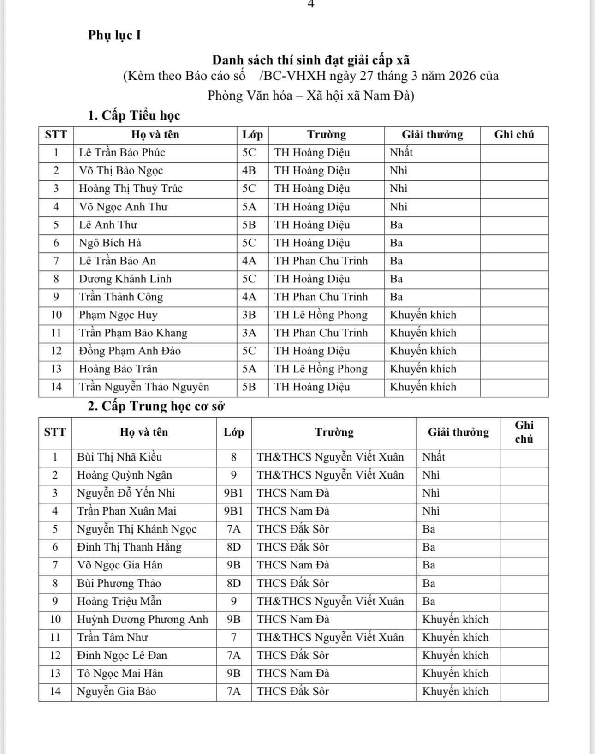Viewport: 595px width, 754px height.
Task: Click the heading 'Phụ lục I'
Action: coord(114,35)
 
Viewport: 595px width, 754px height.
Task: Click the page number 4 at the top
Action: coord(310,4)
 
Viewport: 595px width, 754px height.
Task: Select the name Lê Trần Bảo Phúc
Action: coord(122,153)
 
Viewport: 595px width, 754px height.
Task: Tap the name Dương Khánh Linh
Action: coord(125,279)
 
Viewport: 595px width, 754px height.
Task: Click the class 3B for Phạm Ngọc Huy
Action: coord(249,315)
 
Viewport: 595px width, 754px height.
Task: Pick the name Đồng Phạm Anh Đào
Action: coord(130,351)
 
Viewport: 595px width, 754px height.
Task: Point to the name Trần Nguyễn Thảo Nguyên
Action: coord(144,387)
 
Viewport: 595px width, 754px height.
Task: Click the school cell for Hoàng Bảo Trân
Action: coord(321,369)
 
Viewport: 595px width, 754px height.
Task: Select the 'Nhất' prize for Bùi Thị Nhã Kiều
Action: coord(434,457)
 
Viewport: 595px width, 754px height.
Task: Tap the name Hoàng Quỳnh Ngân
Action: coord(125,475)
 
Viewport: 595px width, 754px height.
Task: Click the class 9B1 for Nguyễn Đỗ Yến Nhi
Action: coord(233,493)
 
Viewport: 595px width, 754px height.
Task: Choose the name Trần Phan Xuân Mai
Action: coord(127,511)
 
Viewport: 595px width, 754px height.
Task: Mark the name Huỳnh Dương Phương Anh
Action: coord(143,620)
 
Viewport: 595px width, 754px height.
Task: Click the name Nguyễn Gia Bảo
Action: coord(117,692)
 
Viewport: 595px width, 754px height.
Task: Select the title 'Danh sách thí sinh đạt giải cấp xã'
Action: coord(311,60)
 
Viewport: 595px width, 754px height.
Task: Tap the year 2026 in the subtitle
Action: coord(458,76)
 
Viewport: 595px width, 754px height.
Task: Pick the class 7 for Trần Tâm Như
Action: coord(234,638)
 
